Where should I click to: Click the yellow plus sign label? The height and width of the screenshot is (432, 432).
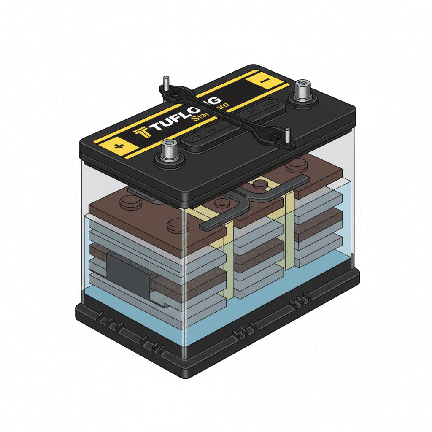(120, 146)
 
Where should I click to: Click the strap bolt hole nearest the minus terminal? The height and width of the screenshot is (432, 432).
(275, 136)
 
